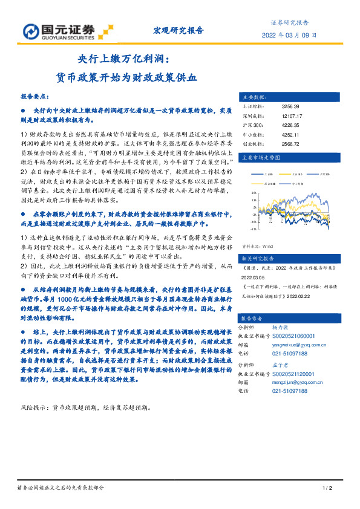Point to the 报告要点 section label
(x=35, y=97)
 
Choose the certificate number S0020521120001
(x=301, y=374)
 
